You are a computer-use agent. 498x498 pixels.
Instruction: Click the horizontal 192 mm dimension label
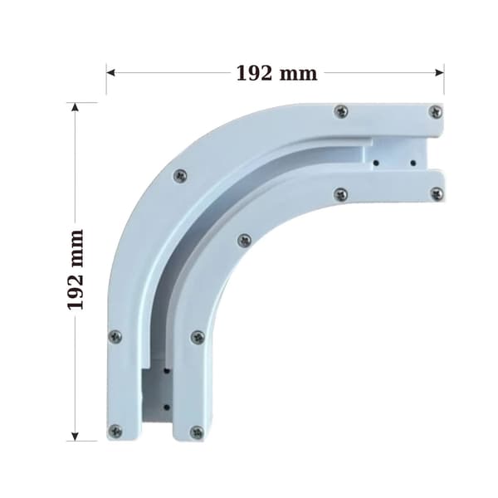pyautogui.click(x=276, y=74)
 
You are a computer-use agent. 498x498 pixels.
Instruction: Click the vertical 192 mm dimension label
pyautogui.click(x=76, y=269)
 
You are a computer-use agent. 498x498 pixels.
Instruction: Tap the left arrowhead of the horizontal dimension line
pyautogui.click(x=110, y=73)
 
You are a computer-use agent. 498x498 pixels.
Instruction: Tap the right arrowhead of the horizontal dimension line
pyautogui.click(x=440, y=73)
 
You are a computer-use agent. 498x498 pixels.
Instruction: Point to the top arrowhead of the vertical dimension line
pyautogui.click(x=75, y=107)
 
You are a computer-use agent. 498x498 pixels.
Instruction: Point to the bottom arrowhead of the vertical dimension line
pyautogui.click(x=75, y=437)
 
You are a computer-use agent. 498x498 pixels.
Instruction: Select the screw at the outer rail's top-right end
pyautogui.click(x=436, y=112)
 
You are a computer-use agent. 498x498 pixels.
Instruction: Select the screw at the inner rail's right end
pyautogui.click(x=437, y=193)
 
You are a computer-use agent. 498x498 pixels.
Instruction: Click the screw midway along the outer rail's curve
pyautogui.click(x=180, y=176)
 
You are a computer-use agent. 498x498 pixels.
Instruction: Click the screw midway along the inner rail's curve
pyautogui.click(x=244, y=241)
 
